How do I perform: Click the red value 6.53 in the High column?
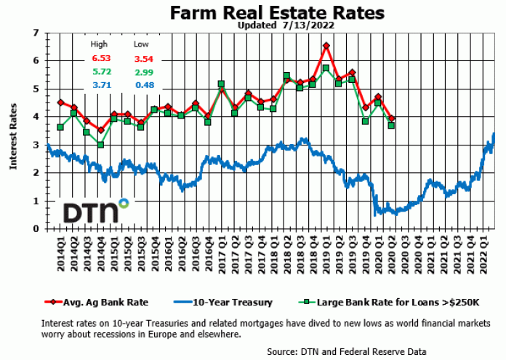point(100,58)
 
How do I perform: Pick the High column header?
point(99,44)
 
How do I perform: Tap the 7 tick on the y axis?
point(36,33)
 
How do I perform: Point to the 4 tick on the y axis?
point(36,117)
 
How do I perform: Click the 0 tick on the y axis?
point(36,229)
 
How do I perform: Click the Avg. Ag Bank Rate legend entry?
point(103,302)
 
